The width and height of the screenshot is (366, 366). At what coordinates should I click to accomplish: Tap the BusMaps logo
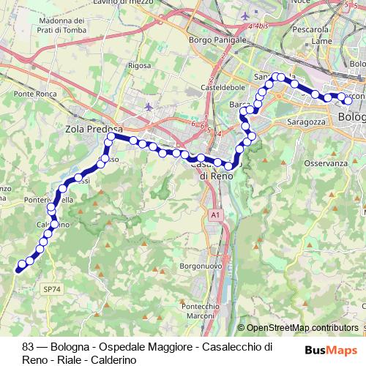332,350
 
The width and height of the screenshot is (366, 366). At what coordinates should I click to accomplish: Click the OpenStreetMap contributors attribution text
302,328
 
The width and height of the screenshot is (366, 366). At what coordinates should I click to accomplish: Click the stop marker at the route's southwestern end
19,269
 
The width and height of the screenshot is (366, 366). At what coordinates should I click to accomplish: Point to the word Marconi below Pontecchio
201,316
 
